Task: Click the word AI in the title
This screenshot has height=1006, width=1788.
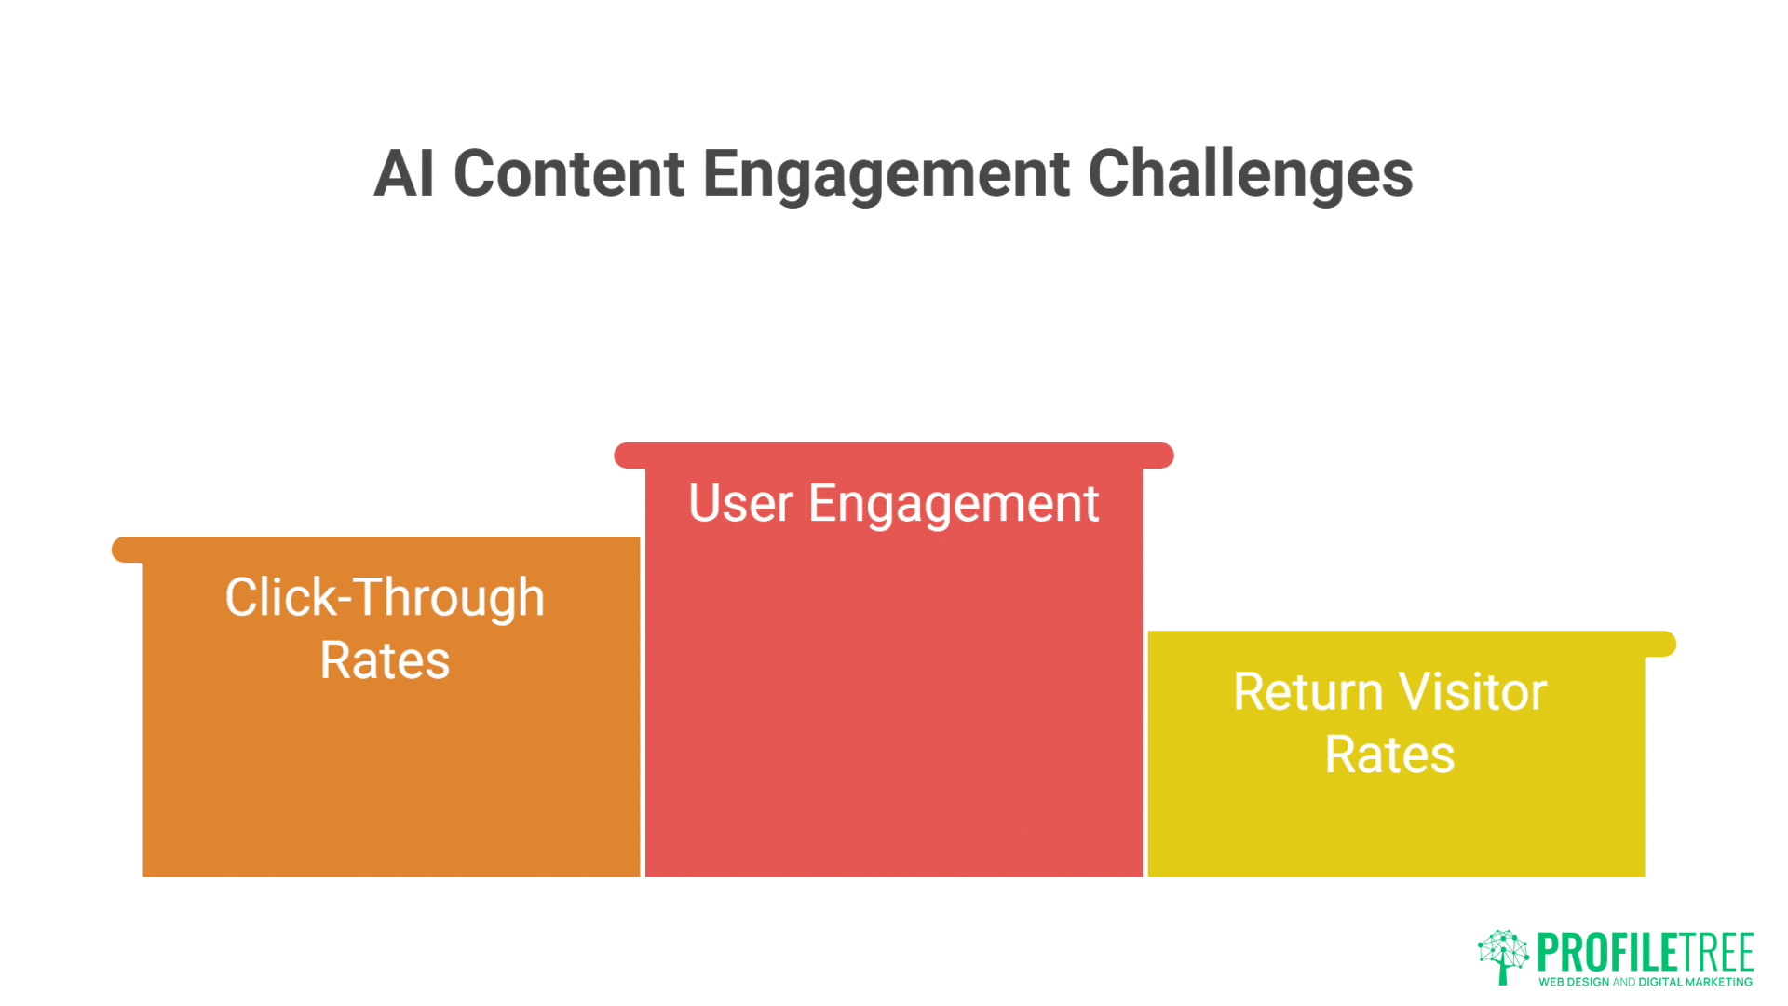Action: point(404,174)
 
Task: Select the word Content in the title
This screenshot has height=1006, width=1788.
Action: point(569,174)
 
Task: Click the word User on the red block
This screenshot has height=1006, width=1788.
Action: point(740,504)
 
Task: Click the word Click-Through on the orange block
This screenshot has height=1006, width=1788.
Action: point(385,598)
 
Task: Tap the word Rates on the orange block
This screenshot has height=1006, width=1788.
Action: point(385,661)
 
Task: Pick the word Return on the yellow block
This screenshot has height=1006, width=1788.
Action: point(1307,692)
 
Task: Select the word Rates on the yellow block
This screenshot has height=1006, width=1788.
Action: point(1389,754)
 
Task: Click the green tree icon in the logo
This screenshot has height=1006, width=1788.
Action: point(1502,956)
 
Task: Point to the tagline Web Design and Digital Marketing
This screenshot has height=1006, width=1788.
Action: point(1645,982)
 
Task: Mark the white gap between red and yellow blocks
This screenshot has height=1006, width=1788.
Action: point(1145,754)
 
